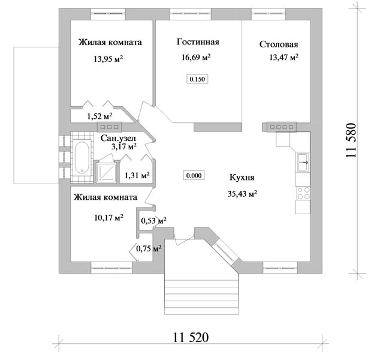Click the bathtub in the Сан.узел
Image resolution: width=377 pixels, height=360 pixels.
(x=82, y=158)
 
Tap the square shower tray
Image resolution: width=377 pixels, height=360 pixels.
(x=106, y=173)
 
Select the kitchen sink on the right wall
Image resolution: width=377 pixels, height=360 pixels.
(x=303, y=162)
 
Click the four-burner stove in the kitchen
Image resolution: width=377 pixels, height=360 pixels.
(x=303, y=193)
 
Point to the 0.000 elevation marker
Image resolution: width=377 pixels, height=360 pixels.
(x=194, y=175)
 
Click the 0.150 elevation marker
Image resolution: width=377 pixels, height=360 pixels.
(x=197, y=79)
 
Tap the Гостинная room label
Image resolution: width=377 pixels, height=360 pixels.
(x=198, y=42)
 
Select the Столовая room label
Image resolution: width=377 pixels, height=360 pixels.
(x=279, y=44)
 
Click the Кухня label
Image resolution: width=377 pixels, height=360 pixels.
(x=242, y=178)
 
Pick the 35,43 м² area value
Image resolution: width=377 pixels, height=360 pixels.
(x=242, y=193)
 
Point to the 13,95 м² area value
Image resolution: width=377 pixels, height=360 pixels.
(x=108, y=58)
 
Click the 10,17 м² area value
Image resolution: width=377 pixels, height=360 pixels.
(x=108, y=218)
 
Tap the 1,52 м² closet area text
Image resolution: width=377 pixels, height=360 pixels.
(x=99, y=116)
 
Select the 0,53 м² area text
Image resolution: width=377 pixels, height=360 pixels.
(x=153, y=220)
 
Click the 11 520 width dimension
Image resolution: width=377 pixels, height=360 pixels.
(x=191, y=337)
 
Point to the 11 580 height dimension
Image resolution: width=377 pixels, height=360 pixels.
(x=351, y=140)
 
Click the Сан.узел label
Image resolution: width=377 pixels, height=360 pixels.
(x=118, y=139)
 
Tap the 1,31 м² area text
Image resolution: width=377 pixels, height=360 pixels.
(x=137, y=175)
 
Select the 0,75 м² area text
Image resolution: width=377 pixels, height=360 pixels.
(x=149, y=248)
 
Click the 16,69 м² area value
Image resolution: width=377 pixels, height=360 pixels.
(x=196, y=57)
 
